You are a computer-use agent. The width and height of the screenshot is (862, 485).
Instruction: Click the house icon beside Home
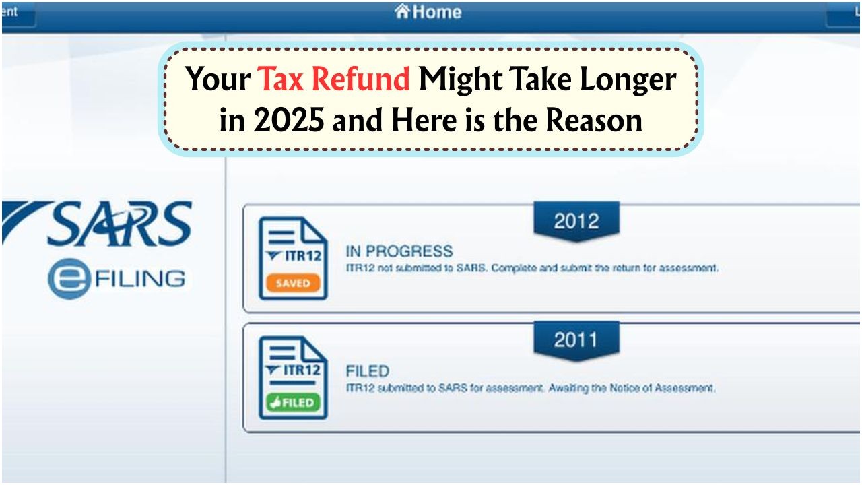pos(402,11)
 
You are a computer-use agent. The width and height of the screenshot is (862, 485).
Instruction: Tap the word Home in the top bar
pos(437,12)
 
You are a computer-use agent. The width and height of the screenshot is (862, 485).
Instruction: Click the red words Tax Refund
pos(333,79)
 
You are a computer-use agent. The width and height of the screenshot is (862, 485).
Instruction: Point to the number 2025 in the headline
pos(289,120)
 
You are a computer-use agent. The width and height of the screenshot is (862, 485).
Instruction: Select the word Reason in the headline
pos(594,120)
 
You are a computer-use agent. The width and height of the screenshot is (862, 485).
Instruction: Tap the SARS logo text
pos(120,224)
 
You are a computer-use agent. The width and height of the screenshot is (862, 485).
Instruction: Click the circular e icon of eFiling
pos(69,279)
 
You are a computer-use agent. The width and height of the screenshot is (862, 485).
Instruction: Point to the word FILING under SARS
pos(140,279)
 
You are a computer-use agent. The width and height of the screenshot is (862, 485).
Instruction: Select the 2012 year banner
pos(576,221)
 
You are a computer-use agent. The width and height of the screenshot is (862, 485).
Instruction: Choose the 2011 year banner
pos(576,340)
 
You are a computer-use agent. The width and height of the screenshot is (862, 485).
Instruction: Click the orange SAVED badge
pos(293,284)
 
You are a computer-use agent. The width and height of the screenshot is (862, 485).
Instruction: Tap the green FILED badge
pos(293,403)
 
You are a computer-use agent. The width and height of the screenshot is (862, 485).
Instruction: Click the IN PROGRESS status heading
pos(399,251)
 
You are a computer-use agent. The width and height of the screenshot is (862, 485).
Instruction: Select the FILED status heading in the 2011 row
pos(368,371)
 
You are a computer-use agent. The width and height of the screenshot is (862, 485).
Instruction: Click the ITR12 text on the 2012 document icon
pos(302,256)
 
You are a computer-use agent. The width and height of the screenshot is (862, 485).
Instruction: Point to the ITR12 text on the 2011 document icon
pos(302,370)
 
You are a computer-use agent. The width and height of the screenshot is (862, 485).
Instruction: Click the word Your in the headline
pos(218,79)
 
